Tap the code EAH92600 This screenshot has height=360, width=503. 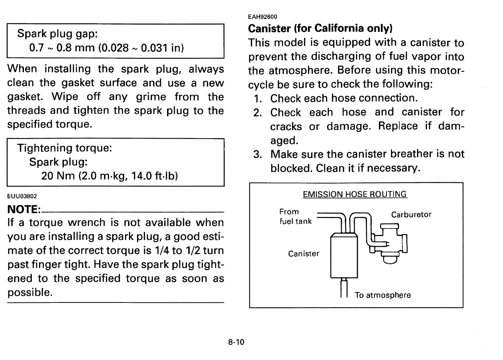pyautogui.click(x=262, y=17)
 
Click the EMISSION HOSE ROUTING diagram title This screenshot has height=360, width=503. pyautogui.click(x=355, y=194)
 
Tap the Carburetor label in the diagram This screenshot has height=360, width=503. pyautogui.click(x=411, y=215)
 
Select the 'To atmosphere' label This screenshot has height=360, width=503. pyautogui.click(x=382, y=294)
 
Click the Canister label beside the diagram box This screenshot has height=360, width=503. pyautogui.click(x=304, y=254)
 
